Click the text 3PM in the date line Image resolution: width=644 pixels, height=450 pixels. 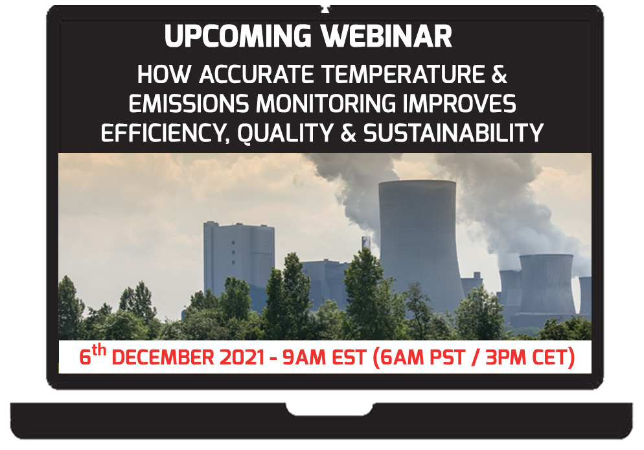[x=509, y=359]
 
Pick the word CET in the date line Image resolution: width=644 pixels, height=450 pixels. [x=553, y=359]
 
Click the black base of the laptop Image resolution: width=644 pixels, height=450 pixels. [x=321, y=421]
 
